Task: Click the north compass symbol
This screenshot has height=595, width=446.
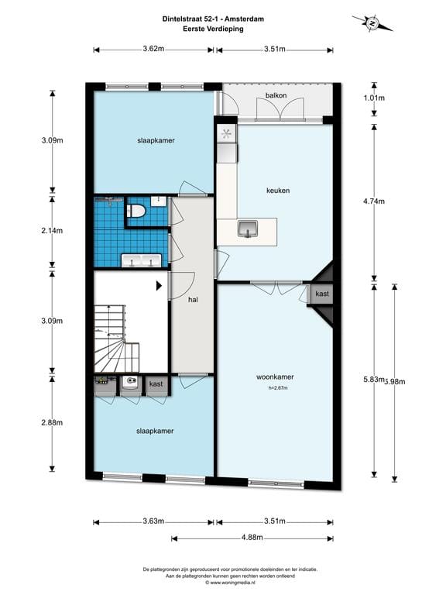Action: (372, 23)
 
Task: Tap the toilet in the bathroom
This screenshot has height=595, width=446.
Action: (135, 211)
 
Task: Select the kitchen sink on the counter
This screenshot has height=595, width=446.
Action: (248, 229)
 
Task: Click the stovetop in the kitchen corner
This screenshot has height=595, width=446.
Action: (226, 134)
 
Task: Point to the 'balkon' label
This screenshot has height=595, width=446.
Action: (276, 95)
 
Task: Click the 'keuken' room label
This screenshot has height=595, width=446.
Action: (278, 191)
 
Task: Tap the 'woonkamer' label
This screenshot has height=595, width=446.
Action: (275, 377)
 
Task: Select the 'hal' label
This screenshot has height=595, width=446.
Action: (193, 300)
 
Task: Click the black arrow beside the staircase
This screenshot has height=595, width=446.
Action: (160, 285)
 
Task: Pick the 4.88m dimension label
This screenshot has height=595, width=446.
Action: (252, 538)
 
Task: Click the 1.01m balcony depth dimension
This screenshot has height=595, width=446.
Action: (374, 98)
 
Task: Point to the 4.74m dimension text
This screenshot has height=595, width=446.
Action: (374, 201)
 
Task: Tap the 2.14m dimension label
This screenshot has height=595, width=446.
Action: (52, 231)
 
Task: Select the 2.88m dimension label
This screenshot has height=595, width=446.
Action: (52, 422)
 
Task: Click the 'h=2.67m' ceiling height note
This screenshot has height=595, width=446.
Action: (278, 388)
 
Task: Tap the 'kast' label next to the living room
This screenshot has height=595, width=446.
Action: (322, 294)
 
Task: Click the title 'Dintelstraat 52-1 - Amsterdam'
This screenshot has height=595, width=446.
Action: (213, 19)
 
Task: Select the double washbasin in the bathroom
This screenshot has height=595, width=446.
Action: (141, 261)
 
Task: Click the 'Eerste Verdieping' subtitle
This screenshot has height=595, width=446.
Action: (213, 29)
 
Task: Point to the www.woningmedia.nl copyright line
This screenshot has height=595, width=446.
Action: (230, 582)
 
